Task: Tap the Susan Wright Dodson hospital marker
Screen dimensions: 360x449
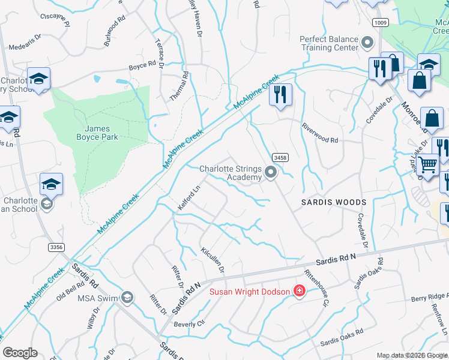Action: click(x=299, y=291)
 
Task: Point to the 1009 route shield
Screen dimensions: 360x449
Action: click(x=379, y=23)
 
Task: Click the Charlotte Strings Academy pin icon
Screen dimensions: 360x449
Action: click(x=271, y=173)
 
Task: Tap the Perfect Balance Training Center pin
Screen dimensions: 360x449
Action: click(x=368, y=43)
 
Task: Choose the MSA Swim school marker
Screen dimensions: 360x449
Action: click(x=127, y=297)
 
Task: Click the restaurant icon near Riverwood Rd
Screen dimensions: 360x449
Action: click(x=280, y=95)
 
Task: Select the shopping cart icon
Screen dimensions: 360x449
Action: click(x=427, y=163)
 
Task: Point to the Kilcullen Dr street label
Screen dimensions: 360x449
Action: click(x=213, y=259)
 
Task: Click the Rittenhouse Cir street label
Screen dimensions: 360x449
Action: click(x=317, y=287)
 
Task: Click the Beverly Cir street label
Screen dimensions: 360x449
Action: click(x=189, y=323)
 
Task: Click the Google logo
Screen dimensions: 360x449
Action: click(x=20, y=353)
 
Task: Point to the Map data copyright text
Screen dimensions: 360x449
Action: click(x=411, y=355)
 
